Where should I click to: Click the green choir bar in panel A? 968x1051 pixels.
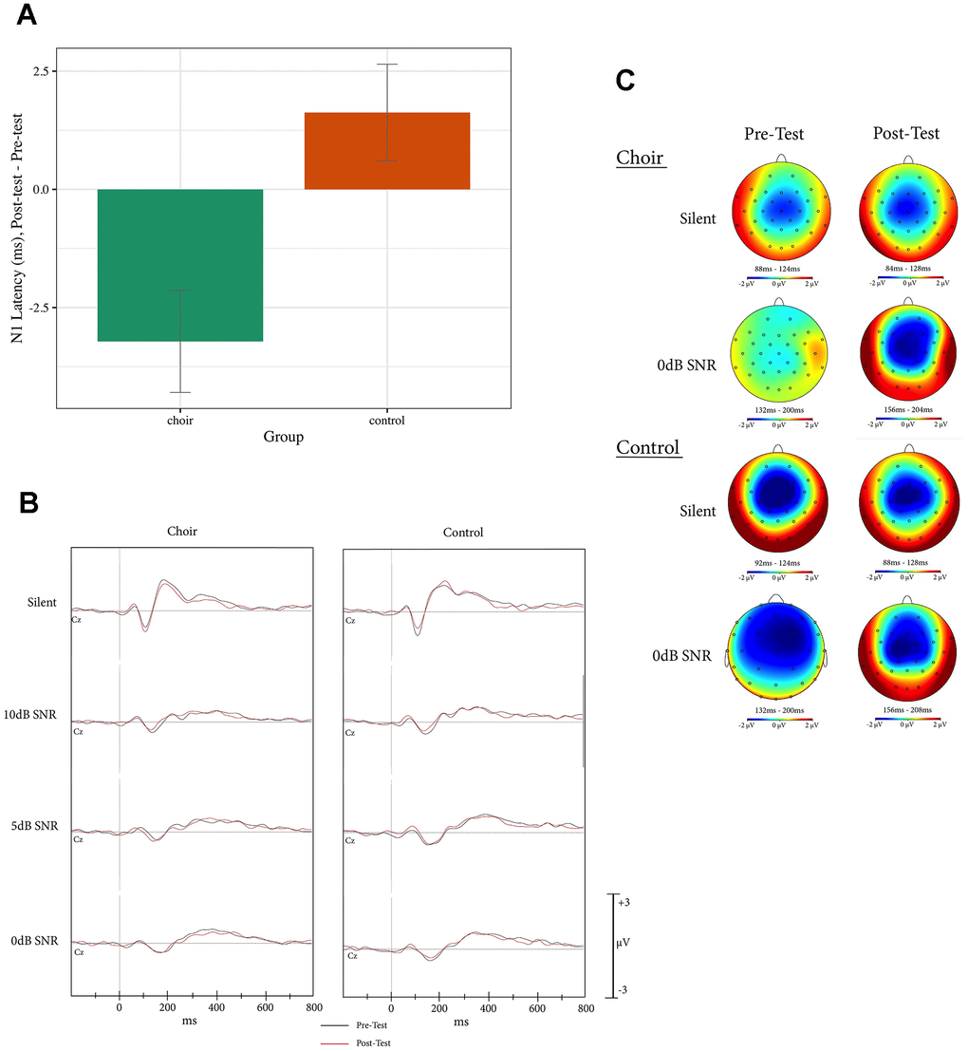[180, 265]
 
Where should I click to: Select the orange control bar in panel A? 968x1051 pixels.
[386, 151]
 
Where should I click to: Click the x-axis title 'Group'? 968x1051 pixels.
[283, 437]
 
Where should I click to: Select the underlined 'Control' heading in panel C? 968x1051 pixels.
[649, 446]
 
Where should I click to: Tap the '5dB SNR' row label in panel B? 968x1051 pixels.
[34, 826]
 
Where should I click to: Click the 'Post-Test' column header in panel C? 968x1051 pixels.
[906, 134]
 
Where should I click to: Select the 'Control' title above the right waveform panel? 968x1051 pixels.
[463, 533]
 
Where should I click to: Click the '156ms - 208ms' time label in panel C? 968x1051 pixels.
[907, 709]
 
